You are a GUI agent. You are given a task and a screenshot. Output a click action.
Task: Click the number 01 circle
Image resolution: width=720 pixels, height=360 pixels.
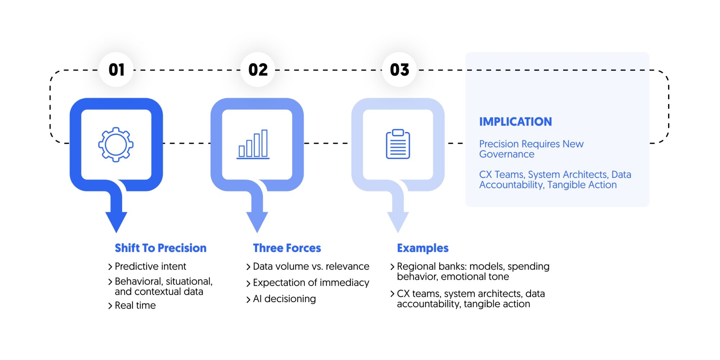click(x=116, y=69)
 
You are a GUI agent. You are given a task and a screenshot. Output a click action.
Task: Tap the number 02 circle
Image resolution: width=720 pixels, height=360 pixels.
click(x=258, y=69)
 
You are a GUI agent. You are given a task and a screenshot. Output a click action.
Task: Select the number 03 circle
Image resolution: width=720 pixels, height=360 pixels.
click(x=399, y=69)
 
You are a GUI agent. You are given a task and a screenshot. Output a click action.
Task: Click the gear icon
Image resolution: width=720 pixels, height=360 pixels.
click(x=116, y=144)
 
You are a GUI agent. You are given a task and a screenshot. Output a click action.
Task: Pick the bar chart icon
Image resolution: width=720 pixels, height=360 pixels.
click(x=253, y=144)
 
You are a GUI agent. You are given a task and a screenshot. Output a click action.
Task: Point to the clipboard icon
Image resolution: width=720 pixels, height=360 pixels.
click(x=398, y=144)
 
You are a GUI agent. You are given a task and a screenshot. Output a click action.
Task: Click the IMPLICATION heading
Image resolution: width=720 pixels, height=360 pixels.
click(x=515, y=122)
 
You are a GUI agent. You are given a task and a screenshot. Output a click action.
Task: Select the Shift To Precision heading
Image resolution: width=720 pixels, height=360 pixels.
click(x=161, y=248)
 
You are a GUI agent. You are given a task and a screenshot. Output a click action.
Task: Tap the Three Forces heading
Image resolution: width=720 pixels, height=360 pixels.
click(x=287, y=248)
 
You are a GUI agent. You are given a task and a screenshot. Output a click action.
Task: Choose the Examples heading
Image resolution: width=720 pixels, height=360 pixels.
click(x=423, y=248)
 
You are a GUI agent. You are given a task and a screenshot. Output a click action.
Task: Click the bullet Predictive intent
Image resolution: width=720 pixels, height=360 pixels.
click(x=150, y=266)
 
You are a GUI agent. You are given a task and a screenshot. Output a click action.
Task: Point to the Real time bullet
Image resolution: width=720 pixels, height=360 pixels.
click(x=135, y=305)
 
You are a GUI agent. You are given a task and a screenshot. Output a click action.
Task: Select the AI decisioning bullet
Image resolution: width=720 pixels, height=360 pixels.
click(x=284, y=299)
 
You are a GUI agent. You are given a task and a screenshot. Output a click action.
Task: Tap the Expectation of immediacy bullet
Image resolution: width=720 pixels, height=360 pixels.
click(x=311, y=283)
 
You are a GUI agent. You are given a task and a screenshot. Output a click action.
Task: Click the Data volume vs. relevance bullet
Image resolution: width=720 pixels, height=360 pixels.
click(x=311, y=266)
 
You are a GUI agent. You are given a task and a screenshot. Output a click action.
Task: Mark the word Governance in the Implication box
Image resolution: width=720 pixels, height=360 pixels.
click(x=507, y=154)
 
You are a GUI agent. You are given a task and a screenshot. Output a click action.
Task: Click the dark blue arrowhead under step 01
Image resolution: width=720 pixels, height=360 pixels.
click(x=116, y=221)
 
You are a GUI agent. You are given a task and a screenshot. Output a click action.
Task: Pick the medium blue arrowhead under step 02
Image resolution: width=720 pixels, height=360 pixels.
click(x=257, y=221)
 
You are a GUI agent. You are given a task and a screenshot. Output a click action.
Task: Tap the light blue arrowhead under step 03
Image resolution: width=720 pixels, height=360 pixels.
click(x=398, y=221)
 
